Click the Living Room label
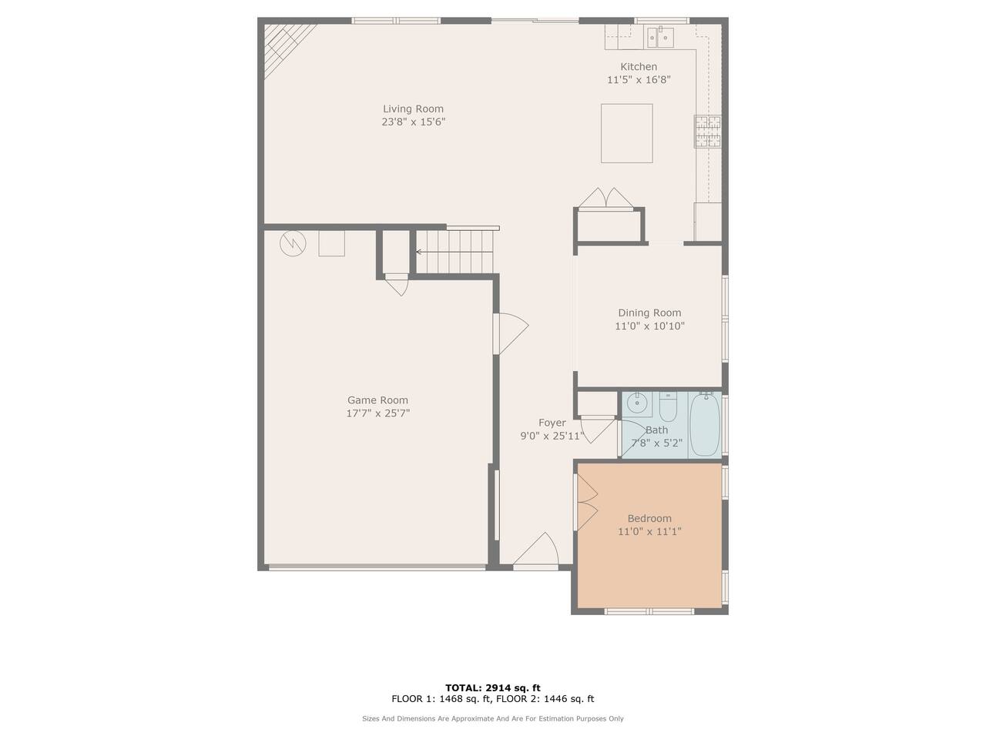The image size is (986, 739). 413,109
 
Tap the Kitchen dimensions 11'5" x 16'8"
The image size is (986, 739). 639,80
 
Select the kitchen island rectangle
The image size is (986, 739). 626,133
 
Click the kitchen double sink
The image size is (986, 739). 660,37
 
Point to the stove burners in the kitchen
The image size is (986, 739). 707,132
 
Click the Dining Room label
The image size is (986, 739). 649,313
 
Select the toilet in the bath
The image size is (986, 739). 668,406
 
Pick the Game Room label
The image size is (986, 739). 377,400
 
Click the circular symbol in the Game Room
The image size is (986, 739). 293,244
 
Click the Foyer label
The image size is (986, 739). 552,423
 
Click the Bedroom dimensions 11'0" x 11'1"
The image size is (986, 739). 649,532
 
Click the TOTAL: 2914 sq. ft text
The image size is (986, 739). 493,687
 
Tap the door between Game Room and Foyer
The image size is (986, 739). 511,333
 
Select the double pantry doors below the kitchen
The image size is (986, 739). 605,199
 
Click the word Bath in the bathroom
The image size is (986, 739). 656,430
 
